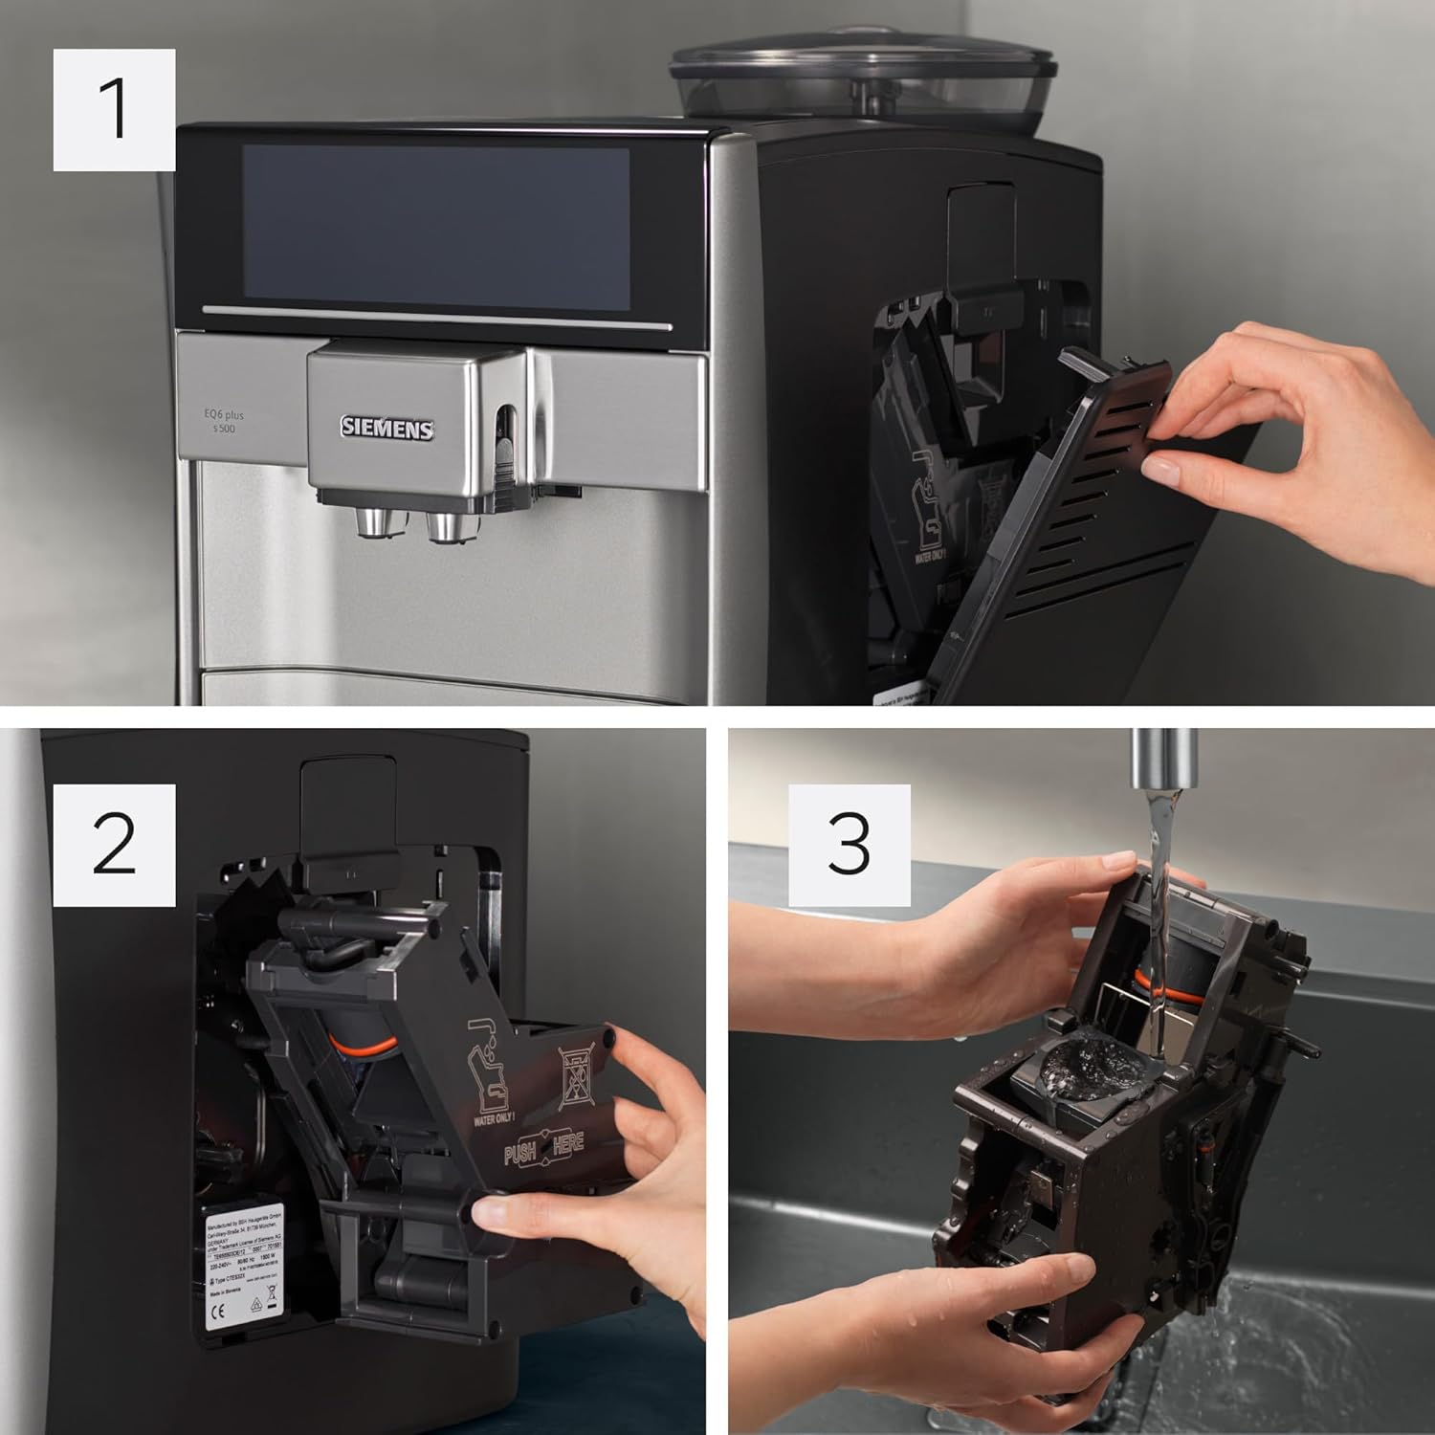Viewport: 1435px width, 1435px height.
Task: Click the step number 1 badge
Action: [114, 110]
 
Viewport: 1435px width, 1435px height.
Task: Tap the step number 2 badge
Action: [114, 845]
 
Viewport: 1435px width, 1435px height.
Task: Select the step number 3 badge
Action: [849, 845]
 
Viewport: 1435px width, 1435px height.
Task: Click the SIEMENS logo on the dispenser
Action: [387, 429]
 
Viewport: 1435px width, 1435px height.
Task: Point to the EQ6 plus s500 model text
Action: [223, 422]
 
